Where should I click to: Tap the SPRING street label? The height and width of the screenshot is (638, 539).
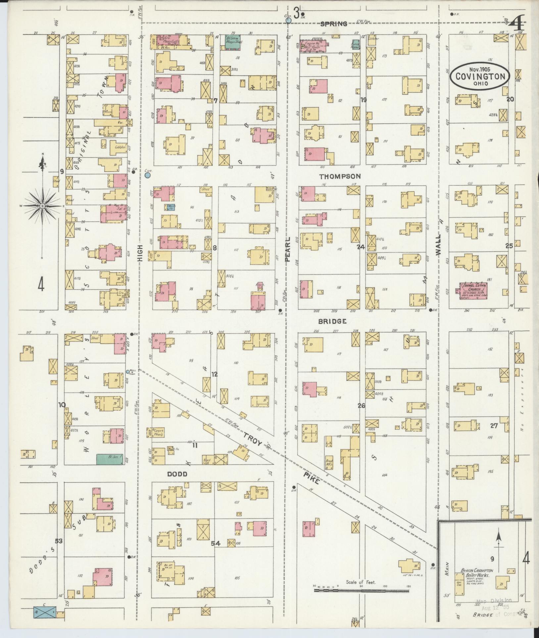coord(334,24)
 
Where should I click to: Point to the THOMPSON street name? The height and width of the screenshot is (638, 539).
coord(340,176)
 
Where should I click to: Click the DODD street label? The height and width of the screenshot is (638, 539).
coord(177,474)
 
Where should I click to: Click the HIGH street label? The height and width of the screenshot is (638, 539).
coord(140,254)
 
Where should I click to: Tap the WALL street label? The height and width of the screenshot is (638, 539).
coord(439,245)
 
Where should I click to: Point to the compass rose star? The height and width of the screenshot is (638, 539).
coord(42,206)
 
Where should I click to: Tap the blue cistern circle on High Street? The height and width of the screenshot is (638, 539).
coord(148,175)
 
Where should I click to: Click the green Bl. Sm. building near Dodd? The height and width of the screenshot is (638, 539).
coord(110,459)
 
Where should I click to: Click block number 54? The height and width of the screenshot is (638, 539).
coord(216,543)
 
